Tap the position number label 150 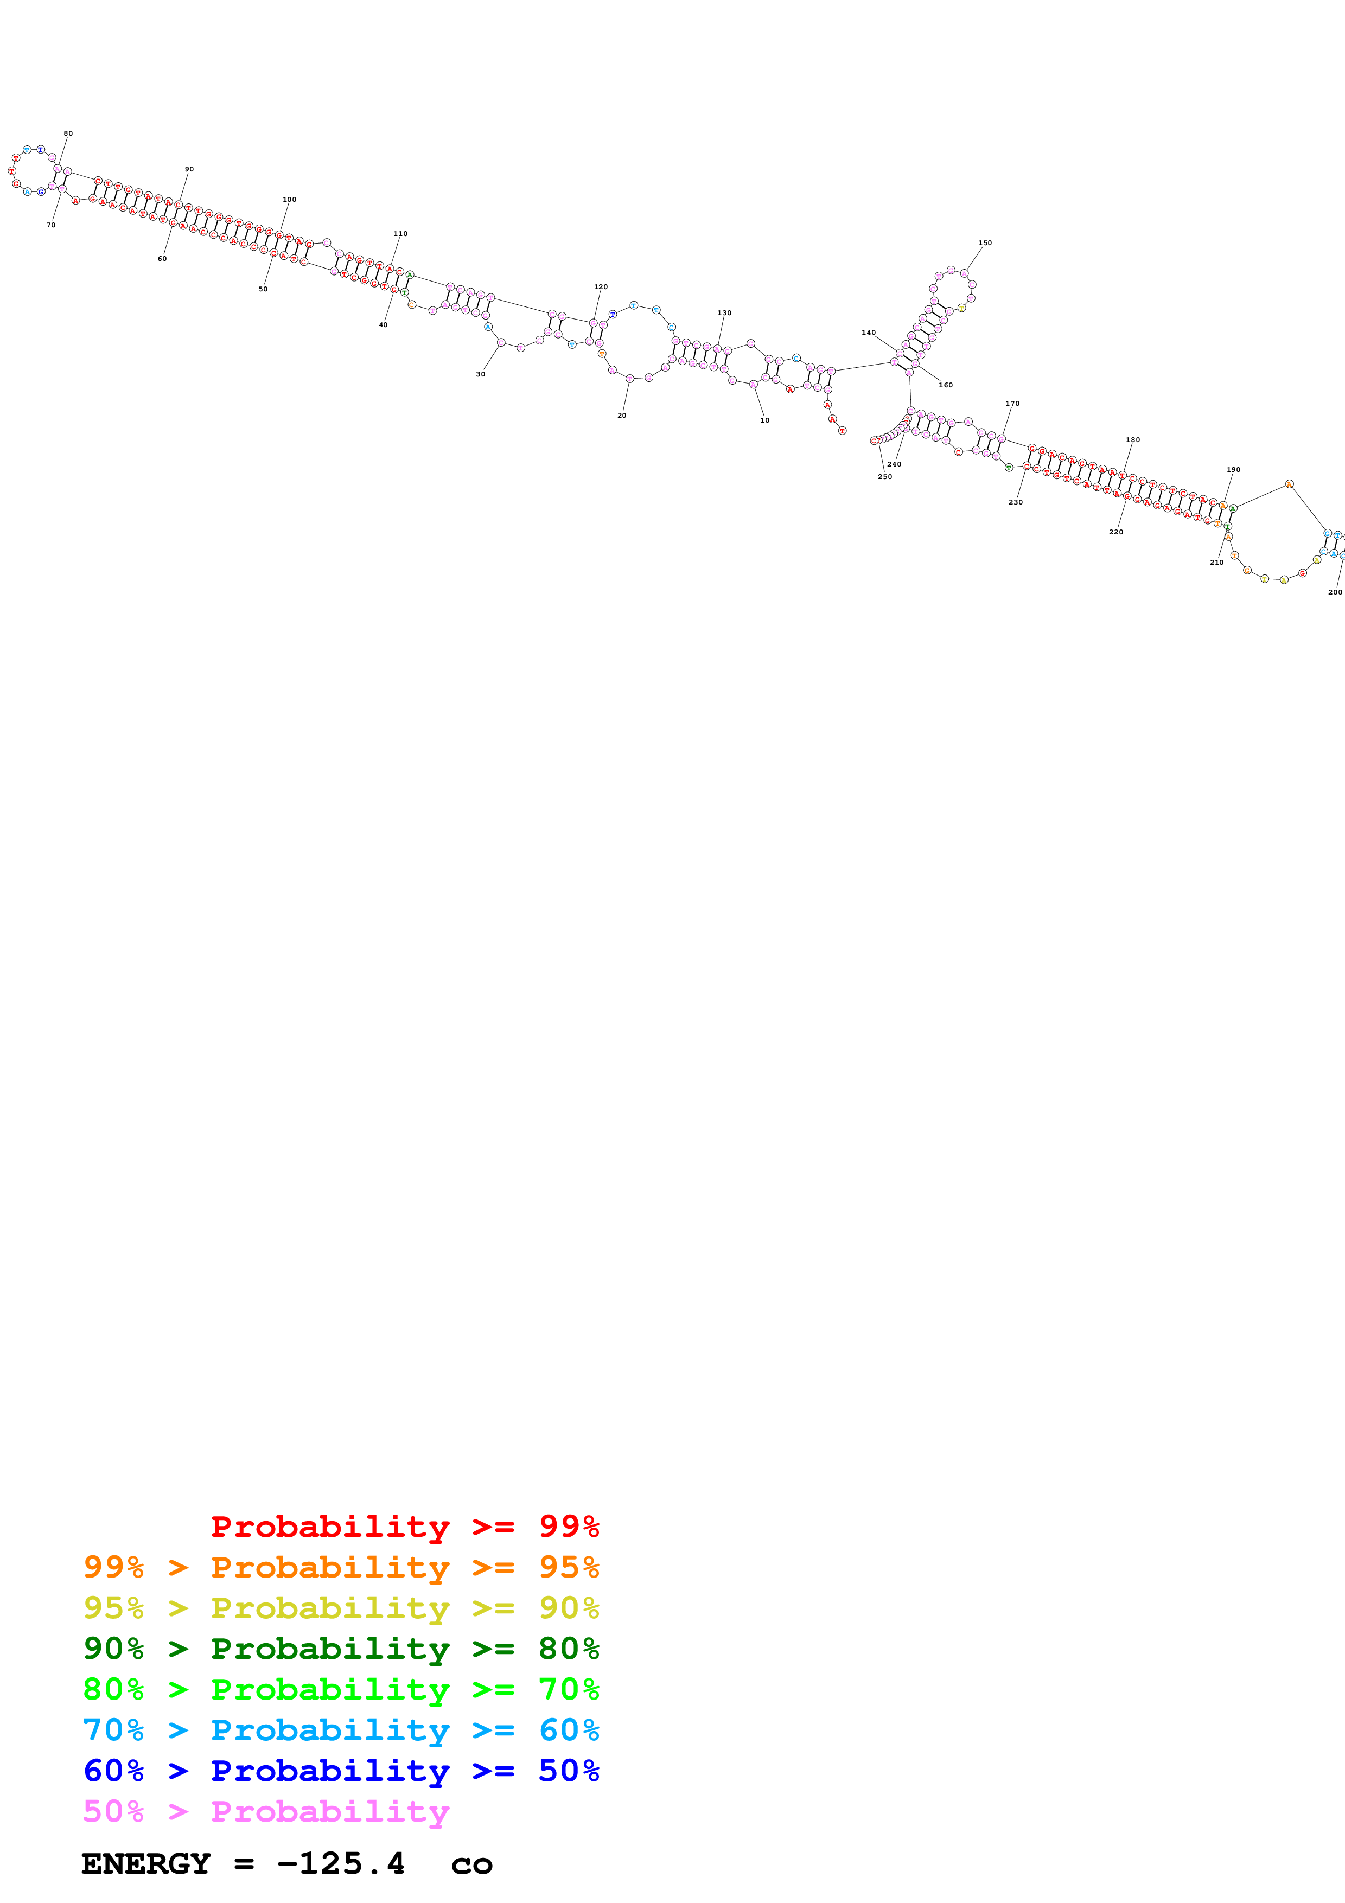985,244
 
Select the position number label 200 1334,592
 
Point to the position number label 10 764,420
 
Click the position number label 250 884,477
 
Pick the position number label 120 601,288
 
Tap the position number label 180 1132,440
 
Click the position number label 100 289,200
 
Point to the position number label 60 162,259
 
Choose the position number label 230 1015,502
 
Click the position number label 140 868,333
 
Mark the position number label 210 1216,563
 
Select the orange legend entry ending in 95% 341,1567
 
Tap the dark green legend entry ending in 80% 341,1649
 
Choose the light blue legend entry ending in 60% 341,1730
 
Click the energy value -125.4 341,1864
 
